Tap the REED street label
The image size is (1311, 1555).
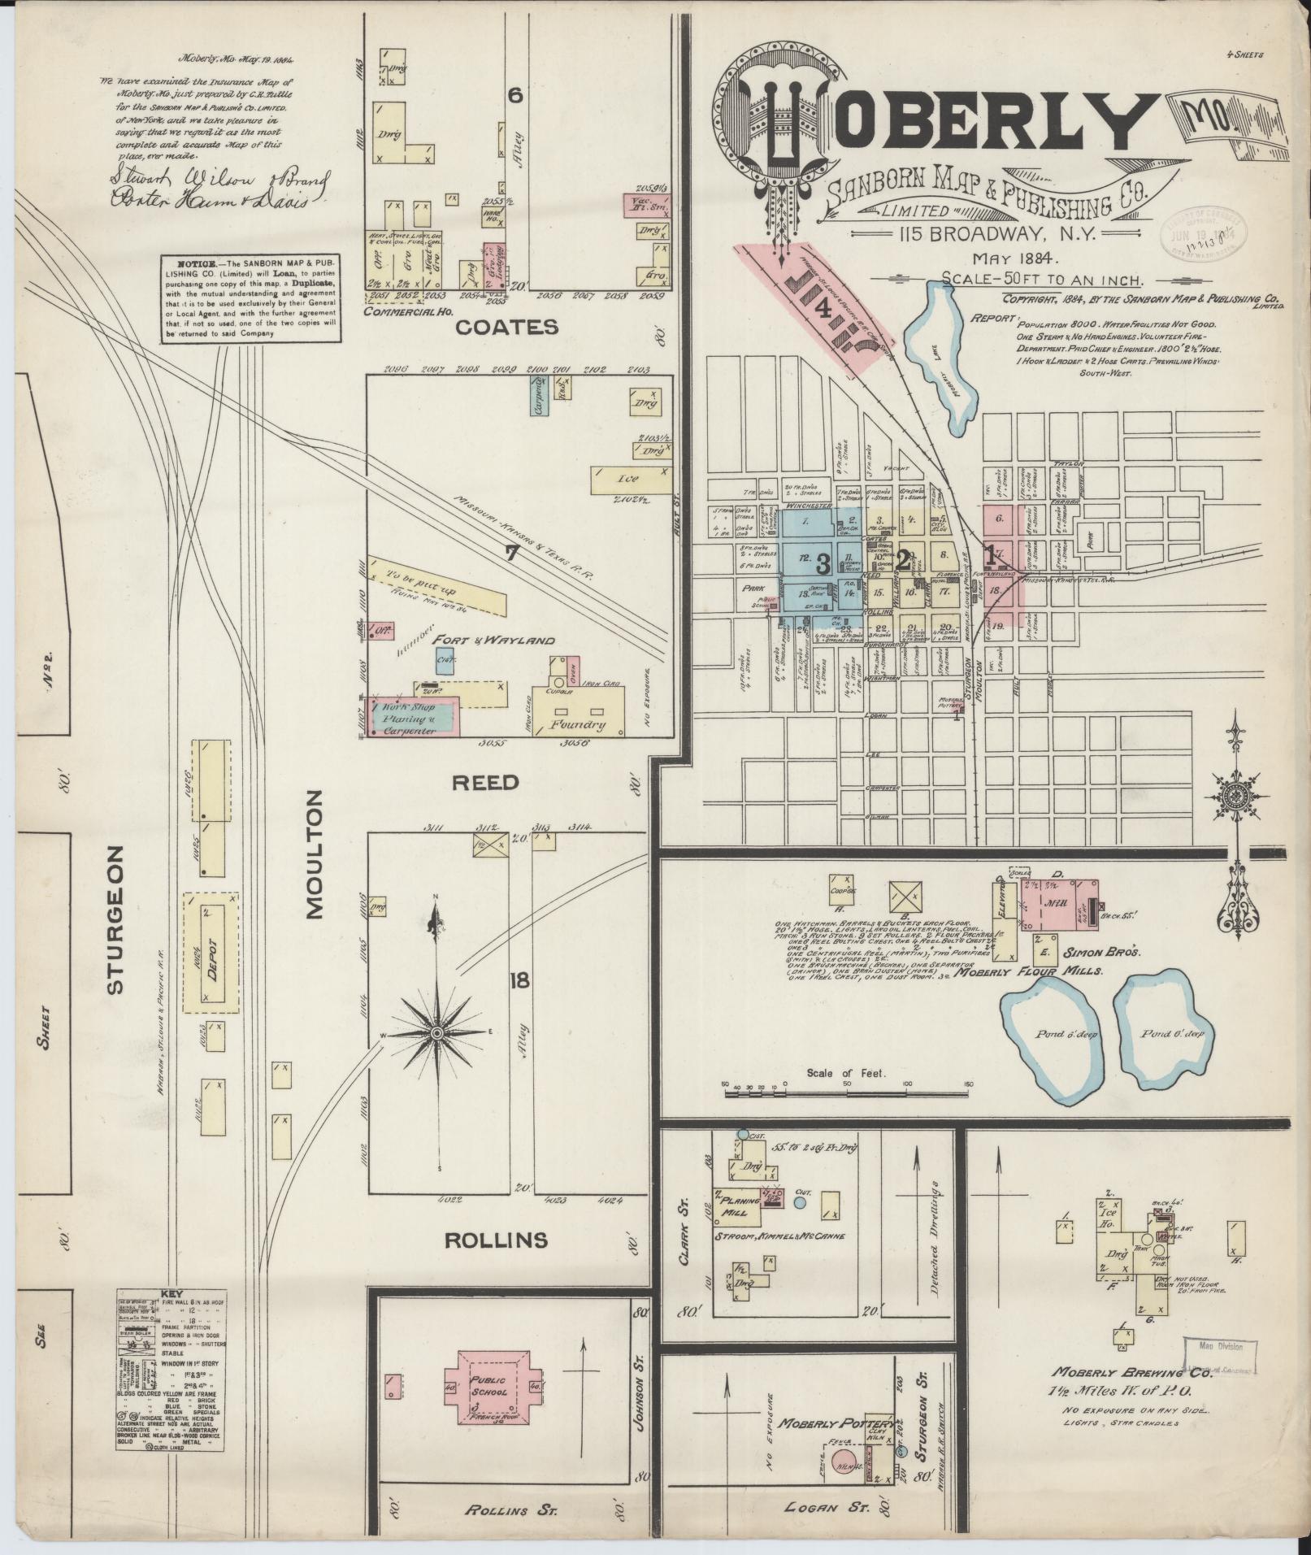pyautogui.click(x=485, y=783)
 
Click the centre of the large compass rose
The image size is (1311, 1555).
pyautogui.click(x=437, y=1032)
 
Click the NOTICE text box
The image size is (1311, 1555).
pyautogui.click(x=251, y=300)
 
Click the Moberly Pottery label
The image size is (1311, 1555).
pyautogui.click(x=826, y=1424)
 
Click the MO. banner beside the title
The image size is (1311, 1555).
pyautogui.click(x=1219, y=124)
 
